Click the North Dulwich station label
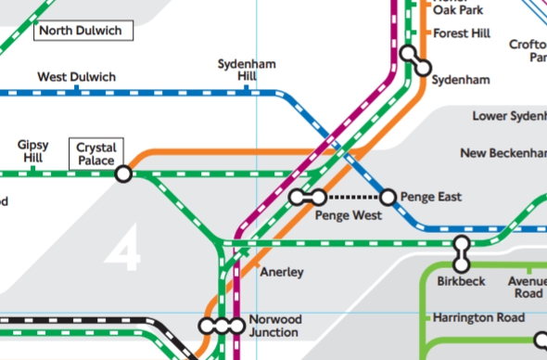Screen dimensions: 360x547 click(83, 31)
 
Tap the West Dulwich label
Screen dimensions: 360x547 click(76, 77)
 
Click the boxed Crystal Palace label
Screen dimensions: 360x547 click(95, 154)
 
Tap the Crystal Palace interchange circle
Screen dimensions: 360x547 click(123, 174)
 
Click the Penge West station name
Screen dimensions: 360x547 click(349, 215)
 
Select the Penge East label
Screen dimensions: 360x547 click(432, 197)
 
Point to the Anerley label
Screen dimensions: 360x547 click(282, 273)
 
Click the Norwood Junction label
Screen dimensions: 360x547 click(274, 326)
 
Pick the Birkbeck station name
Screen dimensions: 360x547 click(461, 281)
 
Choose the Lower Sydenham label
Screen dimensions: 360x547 click(509, 117)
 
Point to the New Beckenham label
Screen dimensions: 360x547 click(503, 152)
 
